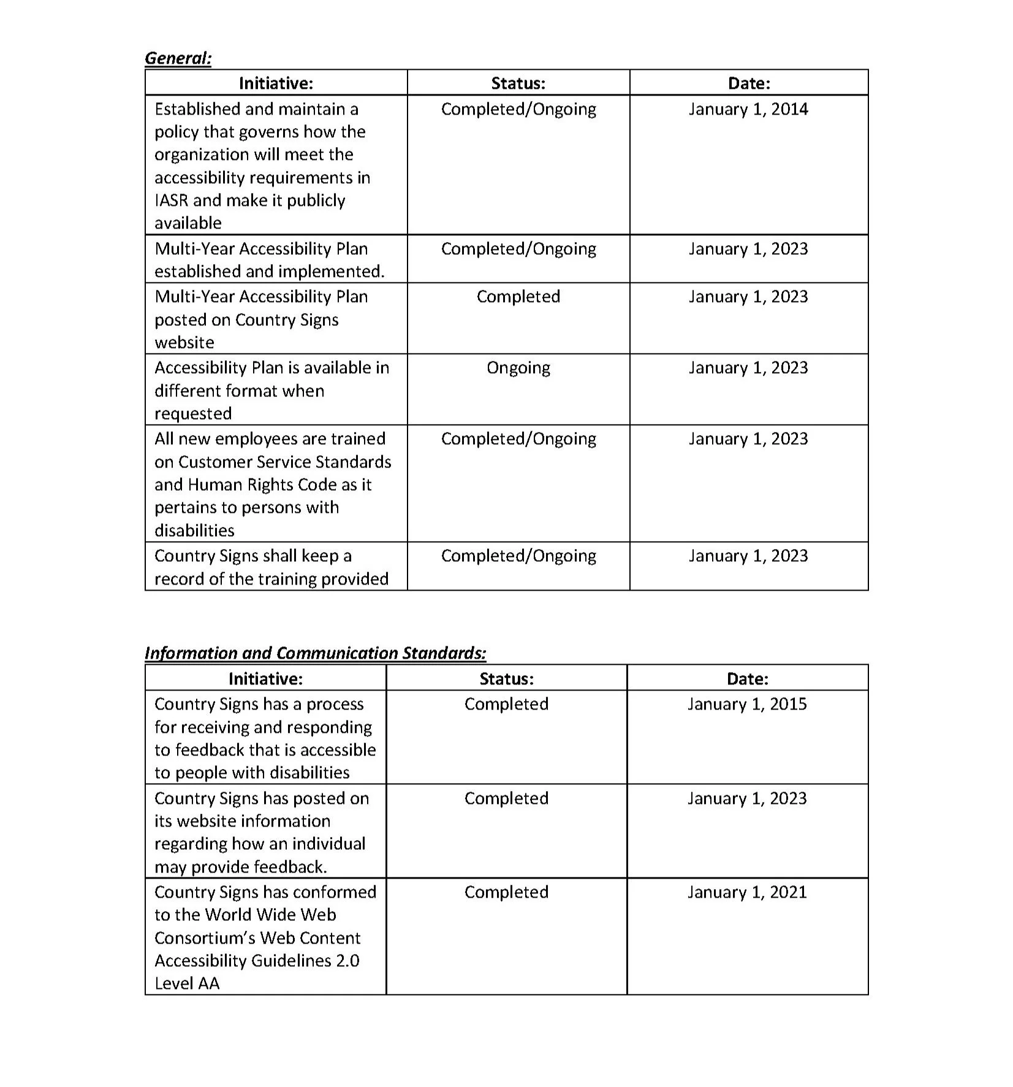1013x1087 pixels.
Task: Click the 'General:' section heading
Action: [178, 58]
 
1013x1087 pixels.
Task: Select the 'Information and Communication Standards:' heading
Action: [315, 653]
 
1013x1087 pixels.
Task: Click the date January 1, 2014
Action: [748, 109]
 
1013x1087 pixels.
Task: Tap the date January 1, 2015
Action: [746, 704]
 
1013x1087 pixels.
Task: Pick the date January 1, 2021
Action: [746, 892]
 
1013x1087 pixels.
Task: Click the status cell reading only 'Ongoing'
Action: [518, 368]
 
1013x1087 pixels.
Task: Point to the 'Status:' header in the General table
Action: [518, 83]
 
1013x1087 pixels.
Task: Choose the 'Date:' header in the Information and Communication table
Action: [747, 678]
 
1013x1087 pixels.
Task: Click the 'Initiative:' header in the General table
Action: [276, 83]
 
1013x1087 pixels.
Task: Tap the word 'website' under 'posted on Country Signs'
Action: [184, 343]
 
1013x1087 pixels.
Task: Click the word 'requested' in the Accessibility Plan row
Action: [192, 414]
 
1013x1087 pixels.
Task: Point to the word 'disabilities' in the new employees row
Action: [194, 530]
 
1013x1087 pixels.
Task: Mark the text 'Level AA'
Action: [186, 983]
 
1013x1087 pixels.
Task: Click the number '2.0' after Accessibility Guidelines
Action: [347, 961]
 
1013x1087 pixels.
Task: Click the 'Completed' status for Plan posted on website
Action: [518, 297]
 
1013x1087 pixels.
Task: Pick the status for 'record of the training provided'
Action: [518, 556]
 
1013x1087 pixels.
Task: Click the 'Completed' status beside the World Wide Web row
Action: [506, 892]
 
